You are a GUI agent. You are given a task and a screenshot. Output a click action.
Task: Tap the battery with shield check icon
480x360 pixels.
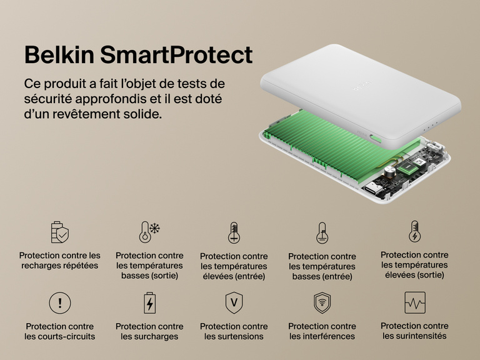point(59,232)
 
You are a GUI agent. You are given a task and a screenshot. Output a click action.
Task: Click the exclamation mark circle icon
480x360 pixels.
point(59,303)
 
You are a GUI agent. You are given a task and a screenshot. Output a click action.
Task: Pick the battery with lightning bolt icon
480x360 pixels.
point(149,303)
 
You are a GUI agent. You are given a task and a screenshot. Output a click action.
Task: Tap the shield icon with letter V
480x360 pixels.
point(233,303)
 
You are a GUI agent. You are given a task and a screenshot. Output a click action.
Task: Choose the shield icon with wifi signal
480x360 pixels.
point(322,303)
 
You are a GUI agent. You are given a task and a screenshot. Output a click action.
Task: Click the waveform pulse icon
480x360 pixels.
point(414,302)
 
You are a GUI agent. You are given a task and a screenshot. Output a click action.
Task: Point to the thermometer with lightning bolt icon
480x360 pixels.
point(414,231)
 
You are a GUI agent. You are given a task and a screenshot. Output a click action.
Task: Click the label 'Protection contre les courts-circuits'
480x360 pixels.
point(59,331)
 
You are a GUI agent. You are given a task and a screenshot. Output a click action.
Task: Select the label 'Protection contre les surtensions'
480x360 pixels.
point(233,331)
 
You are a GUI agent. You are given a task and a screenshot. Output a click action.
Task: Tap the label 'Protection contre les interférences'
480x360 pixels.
point(322,331)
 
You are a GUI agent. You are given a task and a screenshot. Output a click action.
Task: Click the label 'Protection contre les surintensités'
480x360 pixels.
point(414,331)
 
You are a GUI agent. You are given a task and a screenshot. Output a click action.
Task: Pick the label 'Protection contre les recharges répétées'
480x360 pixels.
point(59,260)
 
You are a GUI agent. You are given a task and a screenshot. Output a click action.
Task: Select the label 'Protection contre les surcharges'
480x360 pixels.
point(149,331)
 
